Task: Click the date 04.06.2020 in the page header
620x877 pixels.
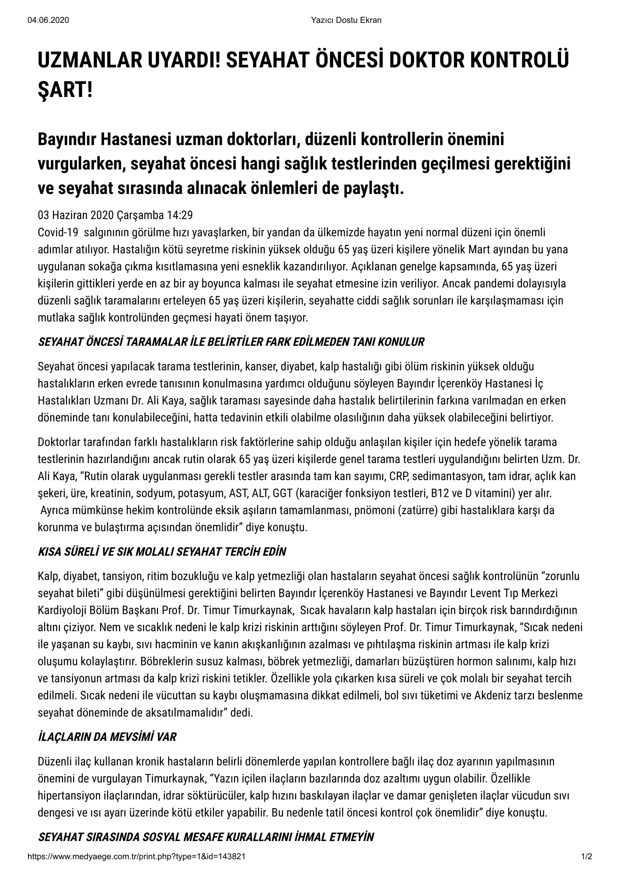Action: (x=48, y=20)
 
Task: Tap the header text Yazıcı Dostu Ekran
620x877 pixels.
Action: (x=346, y=20)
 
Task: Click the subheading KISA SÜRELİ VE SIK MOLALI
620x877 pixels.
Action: (x=162, y=552)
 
